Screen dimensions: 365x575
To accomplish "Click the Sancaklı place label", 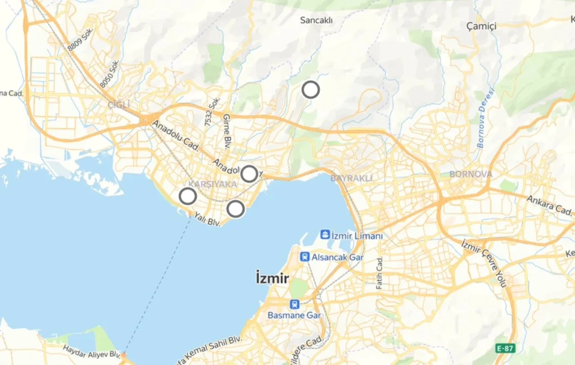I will click(316, 20).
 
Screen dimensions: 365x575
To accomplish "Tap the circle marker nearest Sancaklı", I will click(310, 90).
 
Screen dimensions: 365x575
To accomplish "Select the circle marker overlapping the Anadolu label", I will click(249, 174).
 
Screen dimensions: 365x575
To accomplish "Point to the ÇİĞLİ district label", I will click(119, 105).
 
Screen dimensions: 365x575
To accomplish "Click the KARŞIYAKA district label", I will click(212, 185).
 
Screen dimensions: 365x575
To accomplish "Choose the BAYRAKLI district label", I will click(352, 178).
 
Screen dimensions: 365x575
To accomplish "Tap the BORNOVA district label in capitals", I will click(471, 174).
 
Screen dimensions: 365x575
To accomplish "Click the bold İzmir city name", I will click(272, 277).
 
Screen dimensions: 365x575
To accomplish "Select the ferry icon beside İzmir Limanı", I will click(325, 234).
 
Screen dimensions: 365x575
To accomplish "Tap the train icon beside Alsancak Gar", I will click(305, 257).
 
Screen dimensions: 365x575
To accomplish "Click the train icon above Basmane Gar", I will click(294, 304).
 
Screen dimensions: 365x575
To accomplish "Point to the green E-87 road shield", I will click(505, 348).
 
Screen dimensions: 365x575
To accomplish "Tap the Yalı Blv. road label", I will click(207, 219).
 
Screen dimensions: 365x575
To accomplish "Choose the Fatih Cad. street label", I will click(380, 273).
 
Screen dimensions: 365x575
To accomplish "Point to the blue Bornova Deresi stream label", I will click(485, 119).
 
